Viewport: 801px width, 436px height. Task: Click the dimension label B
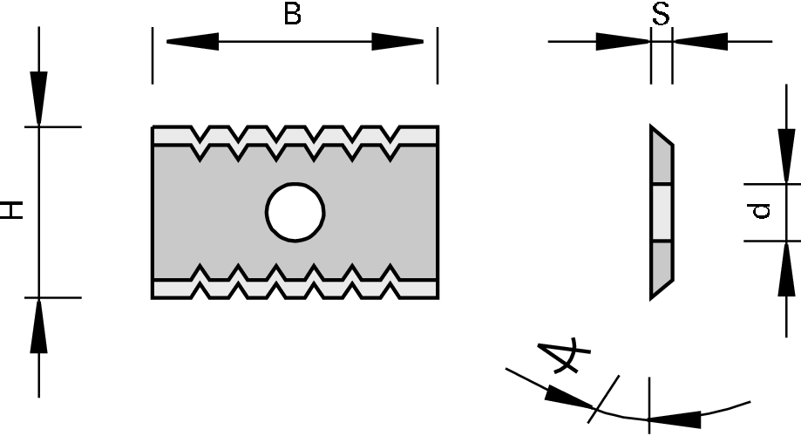[x=293, y=15]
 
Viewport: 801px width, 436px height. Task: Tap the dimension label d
[x=761, y=210]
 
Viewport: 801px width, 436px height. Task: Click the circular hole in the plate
[x=295, y=211]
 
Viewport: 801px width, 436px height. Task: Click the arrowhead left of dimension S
[x=623, y=41]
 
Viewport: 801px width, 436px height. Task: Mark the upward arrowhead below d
[x=786, y=267]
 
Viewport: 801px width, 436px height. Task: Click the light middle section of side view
[x=662, y=212]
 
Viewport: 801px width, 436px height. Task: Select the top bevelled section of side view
[x=661, y=161]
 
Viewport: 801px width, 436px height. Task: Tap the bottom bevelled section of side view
[x=661, y=266]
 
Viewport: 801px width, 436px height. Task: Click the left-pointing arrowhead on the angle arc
[x=676, y=417]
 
